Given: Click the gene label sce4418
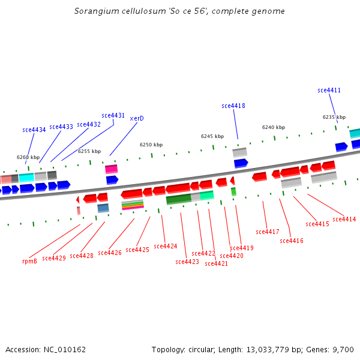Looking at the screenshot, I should click(233, 106).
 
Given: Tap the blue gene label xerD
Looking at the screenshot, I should click(137, 119).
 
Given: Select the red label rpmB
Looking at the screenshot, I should click(29, 261).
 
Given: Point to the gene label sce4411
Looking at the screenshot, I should click(329, 91).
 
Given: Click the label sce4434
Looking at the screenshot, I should click(34, 130).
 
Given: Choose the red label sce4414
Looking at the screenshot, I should click(344, 220).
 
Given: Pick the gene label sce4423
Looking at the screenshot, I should click(187, 262).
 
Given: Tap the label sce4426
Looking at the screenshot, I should click(110, 253).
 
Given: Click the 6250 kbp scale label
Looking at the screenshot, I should click(151, 145).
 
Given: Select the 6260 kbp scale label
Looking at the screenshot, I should click(28, 158).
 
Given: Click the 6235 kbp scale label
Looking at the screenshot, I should click(334, 118).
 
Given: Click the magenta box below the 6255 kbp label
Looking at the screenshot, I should click(111, 169).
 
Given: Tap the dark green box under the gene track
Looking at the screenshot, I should click(178, 199).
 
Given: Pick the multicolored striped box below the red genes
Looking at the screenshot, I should click(132, 205).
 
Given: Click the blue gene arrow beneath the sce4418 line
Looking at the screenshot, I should click(241, 163).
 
